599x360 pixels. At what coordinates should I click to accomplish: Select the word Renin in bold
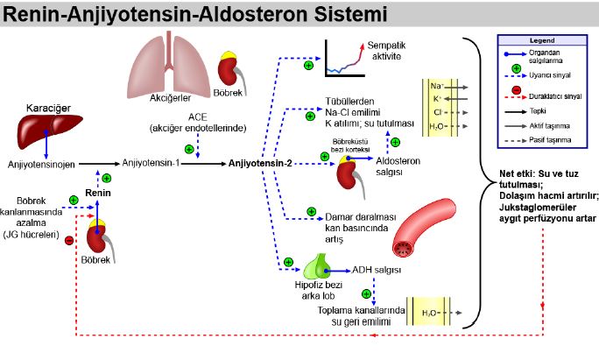coord(96,193)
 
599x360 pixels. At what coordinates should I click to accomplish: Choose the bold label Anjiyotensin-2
coord(260,163)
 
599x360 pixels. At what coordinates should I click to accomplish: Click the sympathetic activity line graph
coord(344,58)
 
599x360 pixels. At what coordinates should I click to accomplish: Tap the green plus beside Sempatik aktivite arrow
coord(308,65)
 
